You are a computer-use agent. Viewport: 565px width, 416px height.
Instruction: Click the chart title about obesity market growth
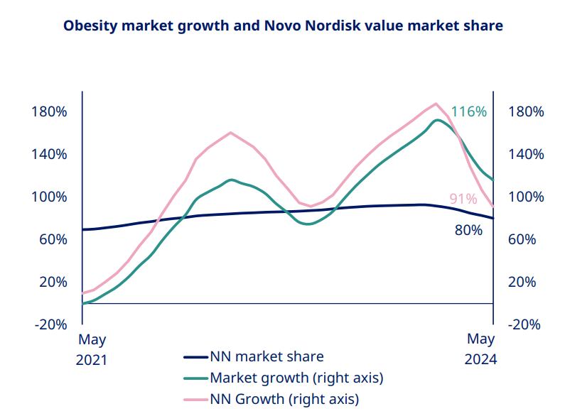click(x=283, y=26)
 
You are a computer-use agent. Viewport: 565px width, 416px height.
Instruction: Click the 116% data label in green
click(x=469, y=112)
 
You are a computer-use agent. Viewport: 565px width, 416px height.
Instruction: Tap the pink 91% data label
click(x=463, y=199)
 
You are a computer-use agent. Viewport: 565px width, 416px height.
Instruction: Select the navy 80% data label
click(x=468, y=229)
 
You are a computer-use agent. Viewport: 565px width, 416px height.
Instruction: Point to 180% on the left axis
click(x=49, y=112)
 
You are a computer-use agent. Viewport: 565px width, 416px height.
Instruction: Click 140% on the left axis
click(x=49, y=154)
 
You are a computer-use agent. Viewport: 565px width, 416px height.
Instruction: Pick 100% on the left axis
click(x=49, y=197)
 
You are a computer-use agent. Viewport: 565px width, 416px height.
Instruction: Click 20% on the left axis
click(x=53, y=282)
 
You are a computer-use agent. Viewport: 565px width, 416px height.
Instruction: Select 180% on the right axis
click(x=527, y=112)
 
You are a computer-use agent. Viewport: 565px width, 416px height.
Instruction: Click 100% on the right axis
click(x=527, y=197)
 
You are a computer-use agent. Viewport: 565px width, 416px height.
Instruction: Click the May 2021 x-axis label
click(x=92, y=349)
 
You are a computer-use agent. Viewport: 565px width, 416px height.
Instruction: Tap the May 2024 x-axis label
click(x=481, y=349)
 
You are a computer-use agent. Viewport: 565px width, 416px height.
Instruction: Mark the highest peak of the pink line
click(x=436, y=104)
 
